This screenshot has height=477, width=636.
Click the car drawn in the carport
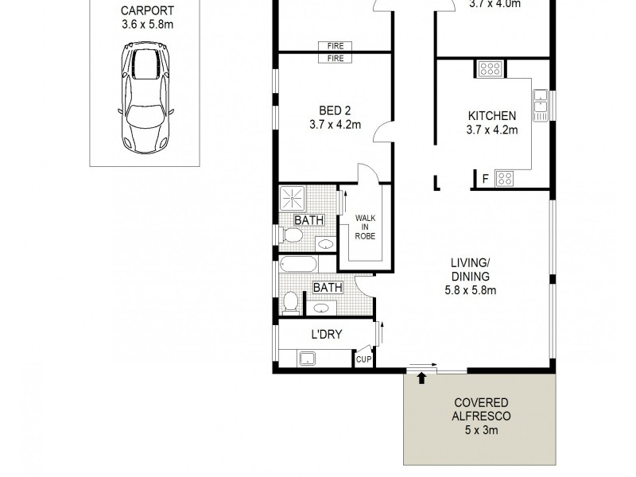point(145,99)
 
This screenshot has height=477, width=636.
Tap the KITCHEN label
point(492,116)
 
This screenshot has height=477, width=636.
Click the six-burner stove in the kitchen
point(489,69)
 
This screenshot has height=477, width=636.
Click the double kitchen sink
point(541,104)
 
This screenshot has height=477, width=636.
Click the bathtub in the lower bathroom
point(298,264)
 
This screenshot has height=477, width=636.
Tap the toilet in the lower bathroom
point(290,301)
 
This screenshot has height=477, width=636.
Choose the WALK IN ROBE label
point(365,227)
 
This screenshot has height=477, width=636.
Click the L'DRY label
point(326,335)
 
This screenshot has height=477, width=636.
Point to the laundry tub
point(308,359)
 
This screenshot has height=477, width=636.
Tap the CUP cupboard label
point(363,360)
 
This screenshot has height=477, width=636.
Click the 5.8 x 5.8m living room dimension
point(469,290)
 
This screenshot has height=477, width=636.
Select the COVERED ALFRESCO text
point(481,409)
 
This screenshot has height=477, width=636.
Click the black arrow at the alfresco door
point(421,378)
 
